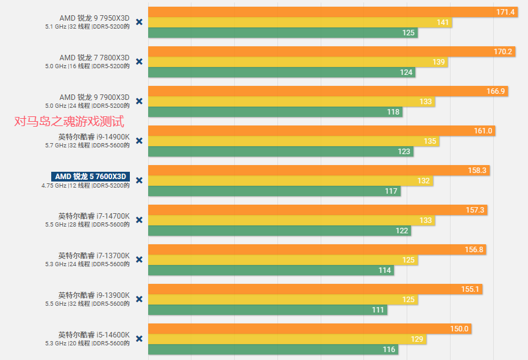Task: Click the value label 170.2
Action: [x=503, y=52]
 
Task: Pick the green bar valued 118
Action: [x=275, y=112]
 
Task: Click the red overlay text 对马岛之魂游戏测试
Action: [x=69, y=121]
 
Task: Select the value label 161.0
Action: [x=483, y=131]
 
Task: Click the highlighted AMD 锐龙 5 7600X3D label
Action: [x=90, y=177]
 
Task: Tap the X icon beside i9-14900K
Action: [x=139, y=141]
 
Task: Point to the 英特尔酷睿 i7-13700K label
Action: [x=94, y=255]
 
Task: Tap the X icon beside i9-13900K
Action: [x=139, y=299]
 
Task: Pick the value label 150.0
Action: [x=459, y=329]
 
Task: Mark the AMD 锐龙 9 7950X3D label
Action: [x=95, y=18]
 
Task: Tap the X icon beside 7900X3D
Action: [x=139, y=101]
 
